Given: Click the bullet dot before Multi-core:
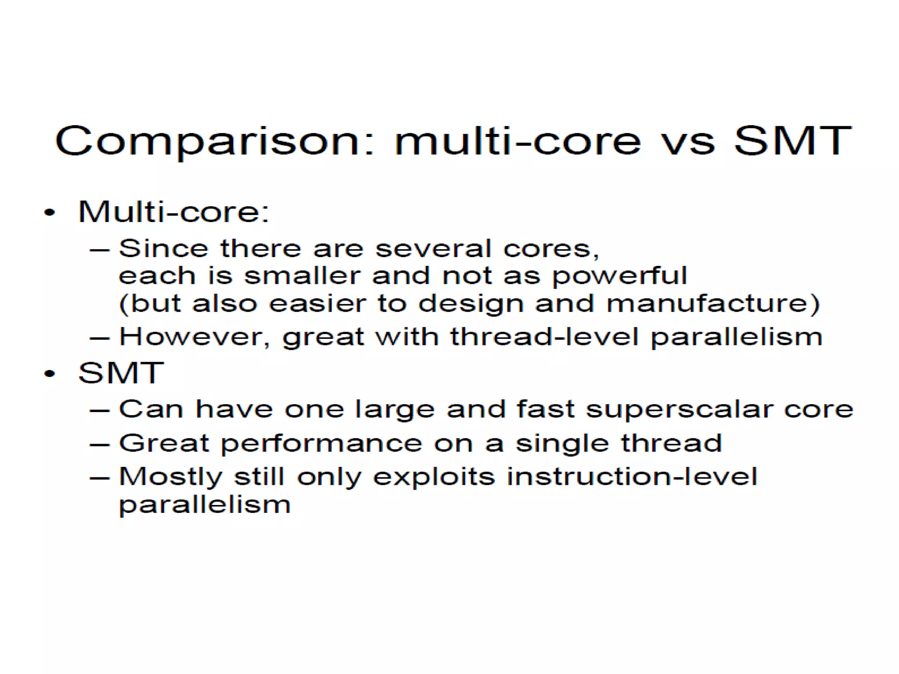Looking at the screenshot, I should pyautogui.click(x=50, y=213).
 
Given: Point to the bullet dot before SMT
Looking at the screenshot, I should pyautogui.click(x=50, y=374).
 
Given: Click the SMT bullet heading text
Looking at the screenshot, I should pyautogui.click(x=121, y=373).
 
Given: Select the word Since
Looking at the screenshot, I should pyautogui.click(x=163, y=248).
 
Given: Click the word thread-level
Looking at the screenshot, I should pyautogui.click(x=544, y=337).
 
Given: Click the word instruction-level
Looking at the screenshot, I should pyautogui.click(x=632, y=477).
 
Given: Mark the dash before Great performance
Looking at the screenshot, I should pyautogui.click(x=99, y=445).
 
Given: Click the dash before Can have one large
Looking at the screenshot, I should pyautogui.click(x=99, y=411).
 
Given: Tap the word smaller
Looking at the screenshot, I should pyautogui.click(x=302, y=276).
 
